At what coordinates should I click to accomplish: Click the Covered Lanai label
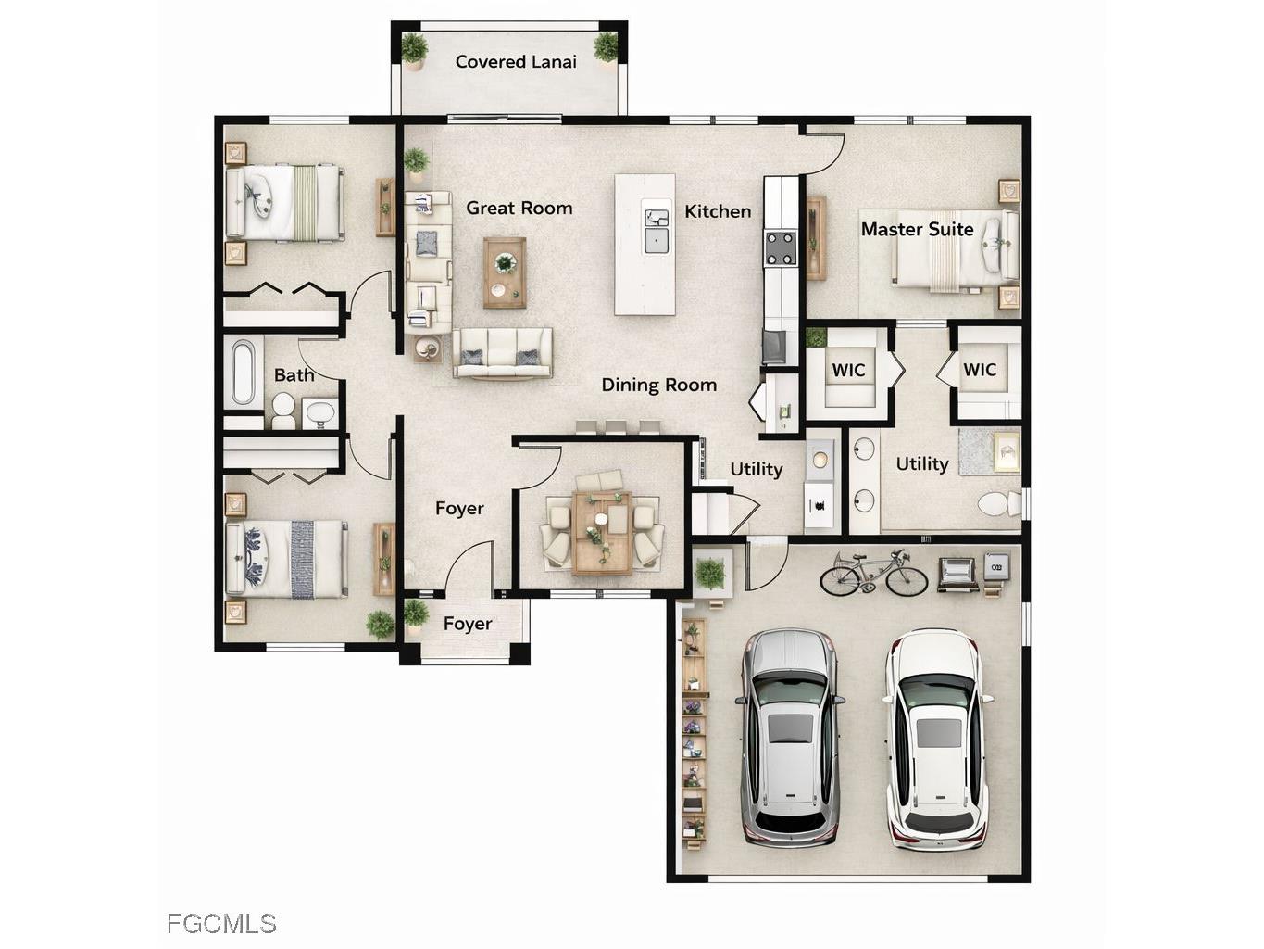516,62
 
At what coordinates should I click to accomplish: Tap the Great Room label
519,208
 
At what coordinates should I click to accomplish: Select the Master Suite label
917,229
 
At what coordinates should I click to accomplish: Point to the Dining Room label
658,385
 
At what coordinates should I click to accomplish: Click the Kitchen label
718,211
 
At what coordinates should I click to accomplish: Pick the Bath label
294,375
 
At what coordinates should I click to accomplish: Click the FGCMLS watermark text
221,924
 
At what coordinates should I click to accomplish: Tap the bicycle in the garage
873,573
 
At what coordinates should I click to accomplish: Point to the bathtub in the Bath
244,373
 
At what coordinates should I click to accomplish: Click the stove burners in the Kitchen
781,247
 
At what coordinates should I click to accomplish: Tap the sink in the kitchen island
657,231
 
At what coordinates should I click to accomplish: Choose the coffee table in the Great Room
505,272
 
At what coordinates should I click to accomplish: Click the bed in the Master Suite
954,249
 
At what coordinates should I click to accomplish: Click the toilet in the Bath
282,411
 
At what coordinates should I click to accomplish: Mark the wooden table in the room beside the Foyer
602,532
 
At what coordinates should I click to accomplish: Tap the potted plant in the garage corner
710,573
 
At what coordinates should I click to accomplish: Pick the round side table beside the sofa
428,348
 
